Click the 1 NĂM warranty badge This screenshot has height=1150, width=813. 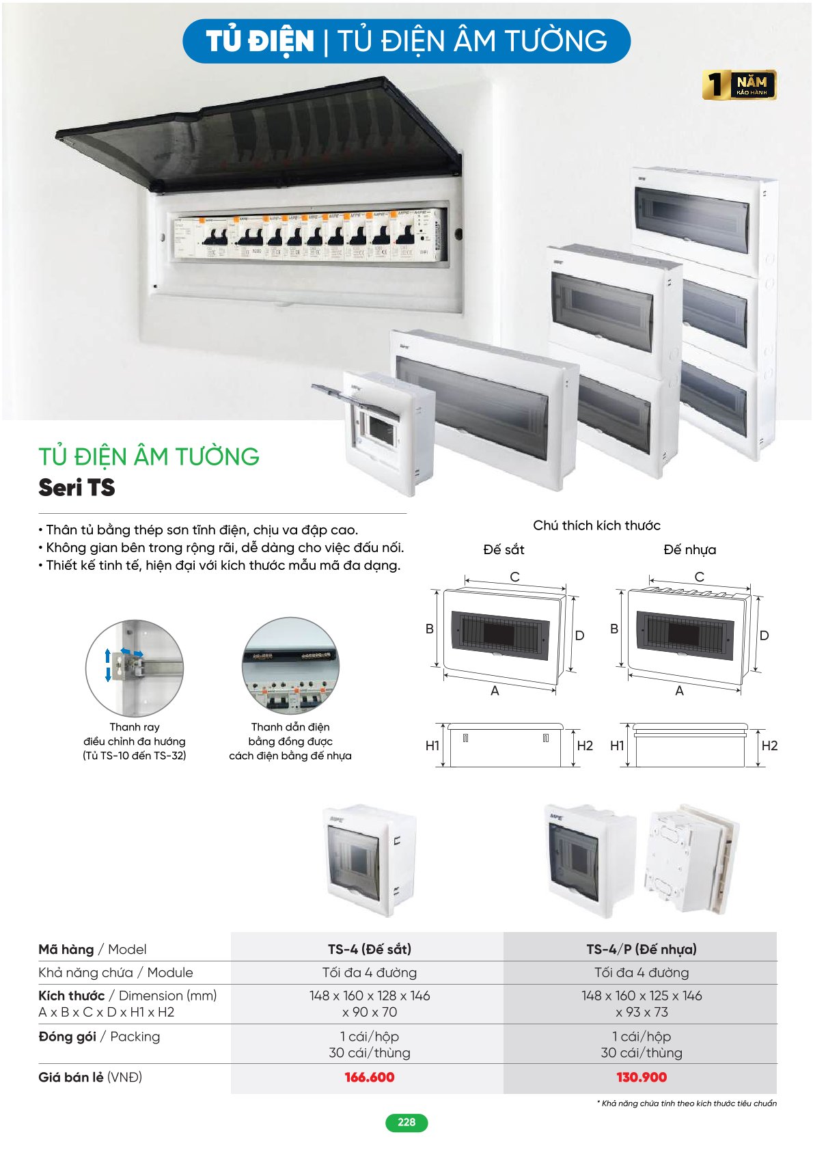tap(739, 85)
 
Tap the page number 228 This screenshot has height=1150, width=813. tap(406, 1122)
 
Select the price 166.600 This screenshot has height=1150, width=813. tap(370, 1078)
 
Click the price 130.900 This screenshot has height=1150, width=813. tap(641, 1078)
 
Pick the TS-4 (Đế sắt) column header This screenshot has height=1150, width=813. tap(370, 949)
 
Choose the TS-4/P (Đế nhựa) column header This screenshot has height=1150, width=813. tap(641, 949)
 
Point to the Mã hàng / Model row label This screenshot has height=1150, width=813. tap(92, 949)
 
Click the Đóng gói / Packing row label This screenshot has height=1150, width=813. tap(99, 1037)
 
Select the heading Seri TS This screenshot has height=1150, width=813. tap(77, 488)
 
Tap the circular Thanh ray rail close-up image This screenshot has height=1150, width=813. tap(135, 668)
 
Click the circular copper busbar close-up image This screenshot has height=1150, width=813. tap(290, 666)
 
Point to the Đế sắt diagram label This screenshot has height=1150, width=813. tap(504, 549)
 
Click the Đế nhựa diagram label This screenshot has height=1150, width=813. tap(689, 549)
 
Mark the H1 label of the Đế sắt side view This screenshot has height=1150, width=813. tap(432, 745)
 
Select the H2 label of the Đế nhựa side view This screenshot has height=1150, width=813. tap(769, 745)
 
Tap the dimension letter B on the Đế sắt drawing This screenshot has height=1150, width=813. tap(430, 629)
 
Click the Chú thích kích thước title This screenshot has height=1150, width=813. tap(596, 525)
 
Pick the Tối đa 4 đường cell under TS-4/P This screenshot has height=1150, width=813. tap(641, 972)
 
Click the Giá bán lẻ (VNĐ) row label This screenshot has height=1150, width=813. tap(90, 1078)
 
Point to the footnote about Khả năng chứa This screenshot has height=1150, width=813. tap(687, 1103)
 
